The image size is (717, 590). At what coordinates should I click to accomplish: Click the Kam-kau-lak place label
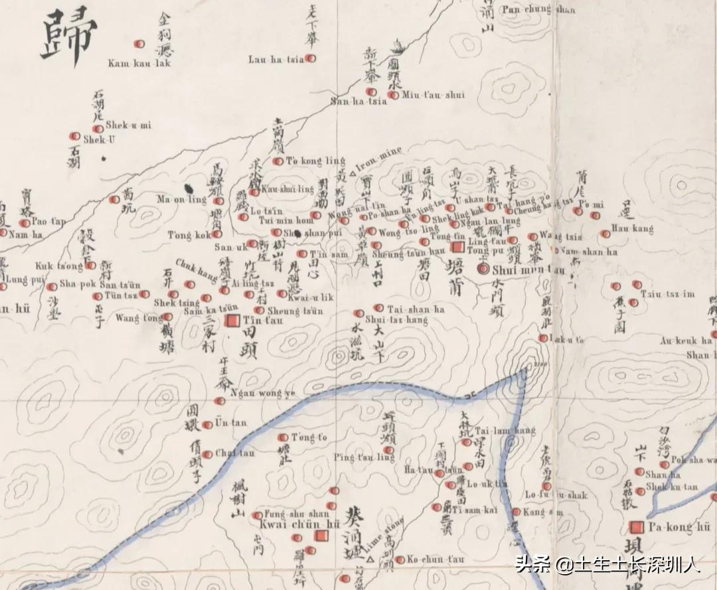(139, 64)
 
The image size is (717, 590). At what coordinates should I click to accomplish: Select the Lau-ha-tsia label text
(276, 59)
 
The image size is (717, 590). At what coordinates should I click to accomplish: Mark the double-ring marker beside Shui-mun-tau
(483, 269)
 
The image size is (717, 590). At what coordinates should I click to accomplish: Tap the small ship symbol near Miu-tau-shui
(397, 46)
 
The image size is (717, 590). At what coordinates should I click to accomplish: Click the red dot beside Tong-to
(283, 437)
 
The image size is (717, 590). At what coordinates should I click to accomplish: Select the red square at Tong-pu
(457, 247)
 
